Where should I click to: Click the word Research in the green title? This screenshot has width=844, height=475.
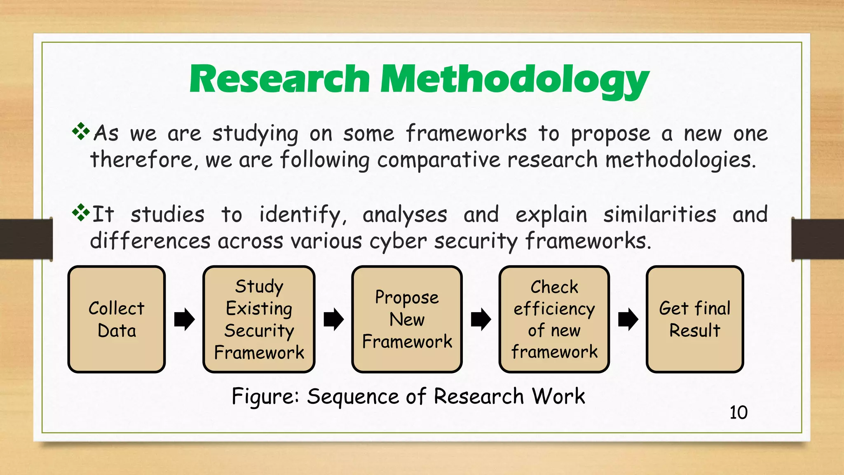[x=279, y=79]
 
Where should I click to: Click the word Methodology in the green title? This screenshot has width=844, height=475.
[x=514, y=80]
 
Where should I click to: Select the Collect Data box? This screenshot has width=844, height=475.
[x=117, y=319]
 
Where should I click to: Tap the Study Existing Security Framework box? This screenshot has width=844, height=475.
[x=259, y=319]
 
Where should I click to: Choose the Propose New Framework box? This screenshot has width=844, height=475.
[x=407, y=319]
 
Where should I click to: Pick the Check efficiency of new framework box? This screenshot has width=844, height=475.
[x=554, y=319]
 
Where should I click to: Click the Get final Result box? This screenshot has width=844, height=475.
[x=694, y=319]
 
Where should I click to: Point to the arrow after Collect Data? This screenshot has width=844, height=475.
[x=184, y=319]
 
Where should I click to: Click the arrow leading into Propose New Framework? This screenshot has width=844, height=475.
[x=333, y=319]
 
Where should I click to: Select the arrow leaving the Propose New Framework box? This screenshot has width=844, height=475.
[x=481, y=319]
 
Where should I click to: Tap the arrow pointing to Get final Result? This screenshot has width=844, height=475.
[x=628, y=319]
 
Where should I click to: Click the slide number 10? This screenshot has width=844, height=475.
[x=738, y=412]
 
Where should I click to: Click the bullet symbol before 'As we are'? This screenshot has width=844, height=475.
[x=81, y=132]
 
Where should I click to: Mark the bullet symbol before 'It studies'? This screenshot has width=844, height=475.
[x=81, y=213]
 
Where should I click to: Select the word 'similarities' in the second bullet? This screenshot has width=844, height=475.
[x=659, y=215]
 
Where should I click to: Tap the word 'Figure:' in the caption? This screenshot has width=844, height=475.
[x=265, y=397]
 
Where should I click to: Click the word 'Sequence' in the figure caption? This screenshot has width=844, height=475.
[x=353, y=397]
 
